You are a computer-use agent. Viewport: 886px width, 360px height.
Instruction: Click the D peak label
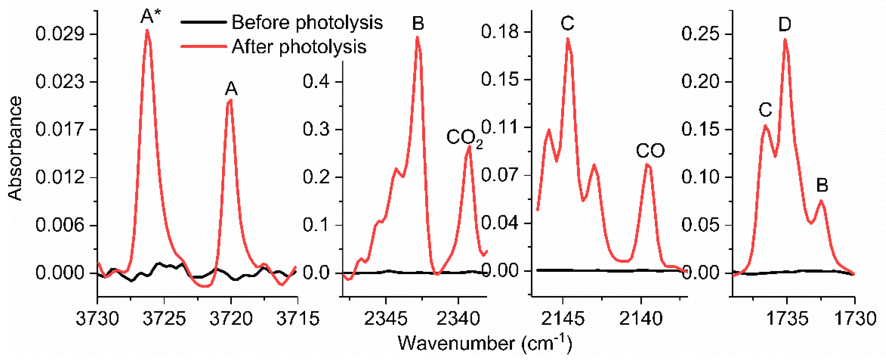coord(784,24)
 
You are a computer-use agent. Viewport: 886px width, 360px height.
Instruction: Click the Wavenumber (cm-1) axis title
coord(485,343)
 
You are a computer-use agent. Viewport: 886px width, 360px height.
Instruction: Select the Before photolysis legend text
coord(307,23)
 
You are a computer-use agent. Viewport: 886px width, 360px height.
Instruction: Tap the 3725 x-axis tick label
coord(164,319)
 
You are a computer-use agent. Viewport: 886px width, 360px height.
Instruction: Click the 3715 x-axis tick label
coord(298,319)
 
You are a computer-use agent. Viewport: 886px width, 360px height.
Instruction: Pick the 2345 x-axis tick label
coord(386,319)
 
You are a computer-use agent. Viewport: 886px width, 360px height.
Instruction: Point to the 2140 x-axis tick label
coord(641,319)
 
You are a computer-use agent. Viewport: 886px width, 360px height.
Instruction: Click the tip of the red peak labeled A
coord(230,100)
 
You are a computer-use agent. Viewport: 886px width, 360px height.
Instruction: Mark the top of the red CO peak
coord(648,164)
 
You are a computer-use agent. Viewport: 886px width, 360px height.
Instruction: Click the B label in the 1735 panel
coord(822,185)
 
